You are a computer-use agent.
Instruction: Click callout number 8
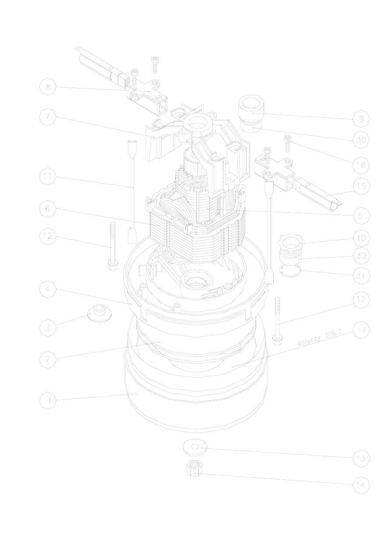point(48,87)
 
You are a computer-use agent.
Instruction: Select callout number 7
point(48,117)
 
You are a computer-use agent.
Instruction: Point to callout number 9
point(361,119)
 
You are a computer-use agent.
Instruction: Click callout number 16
point(361,165)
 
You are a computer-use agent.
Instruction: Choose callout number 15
point(361,186)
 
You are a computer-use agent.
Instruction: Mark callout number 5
point(361,216)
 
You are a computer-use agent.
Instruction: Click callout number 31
point(361,276)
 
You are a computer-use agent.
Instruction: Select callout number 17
point(361,330)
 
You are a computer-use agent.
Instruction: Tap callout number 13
point(361,458)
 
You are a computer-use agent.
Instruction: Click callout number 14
point(361,485)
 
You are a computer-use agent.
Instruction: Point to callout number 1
point(48,400)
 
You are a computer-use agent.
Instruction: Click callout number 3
point(48,328)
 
